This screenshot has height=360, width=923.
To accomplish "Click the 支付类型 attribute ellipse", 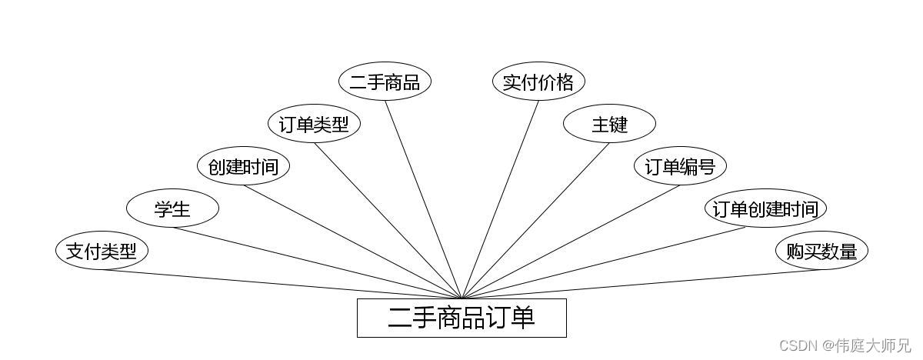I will [x=102, y=251].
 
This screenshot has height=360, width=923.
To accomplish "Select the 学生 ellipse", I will [x=172, y=208].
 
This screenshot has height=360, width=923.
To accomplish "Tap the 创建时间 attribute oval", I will [x=243, y=166].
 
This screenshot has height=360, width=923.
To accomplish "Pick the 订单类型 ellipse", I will [x=314, y=124].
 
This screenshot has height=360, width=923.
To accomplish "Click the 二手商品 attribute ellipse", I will [x=385, y=82].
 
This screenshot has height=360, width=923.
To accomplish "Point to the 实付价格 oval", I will [x=538, y=82].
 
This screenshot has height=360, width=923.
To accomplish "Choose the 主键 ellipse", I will [x=609, y=124].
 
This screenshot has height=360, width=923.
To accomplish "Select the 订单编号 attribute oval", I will [x=680, y=166].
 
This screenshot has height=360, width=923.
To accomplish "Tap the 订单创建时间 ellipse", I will [x=765, y=208].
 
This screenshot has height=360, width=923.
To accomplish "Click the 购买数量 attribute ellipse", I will [x=821, y=251].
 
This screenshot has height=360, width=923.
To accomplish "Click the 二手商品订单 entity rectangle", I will [x=461, y=318].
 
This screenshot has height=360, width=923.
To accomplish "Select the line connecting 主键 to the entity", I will [x=535, y=221].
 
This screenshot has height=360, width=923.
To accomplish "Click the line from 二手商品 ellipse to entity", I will [x=423, y=199].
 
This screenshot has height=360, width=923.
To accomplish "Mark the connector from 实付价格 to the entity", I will [x=500, y=199].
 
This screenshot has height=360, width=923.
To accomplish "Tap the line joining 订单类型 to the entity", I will [x=388, y=221].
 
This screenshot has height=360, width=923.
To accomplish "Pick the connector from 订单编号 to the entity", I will [x=571, y=242].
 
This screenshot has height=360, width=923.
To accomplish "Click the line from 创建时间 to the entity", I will [x=352, y=242].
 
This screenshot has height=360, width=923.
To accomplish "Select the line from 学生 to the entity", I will [x=317, y=262].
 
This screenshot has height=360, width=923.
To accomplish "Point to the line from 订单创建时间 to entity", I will [x=604, y=263].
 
